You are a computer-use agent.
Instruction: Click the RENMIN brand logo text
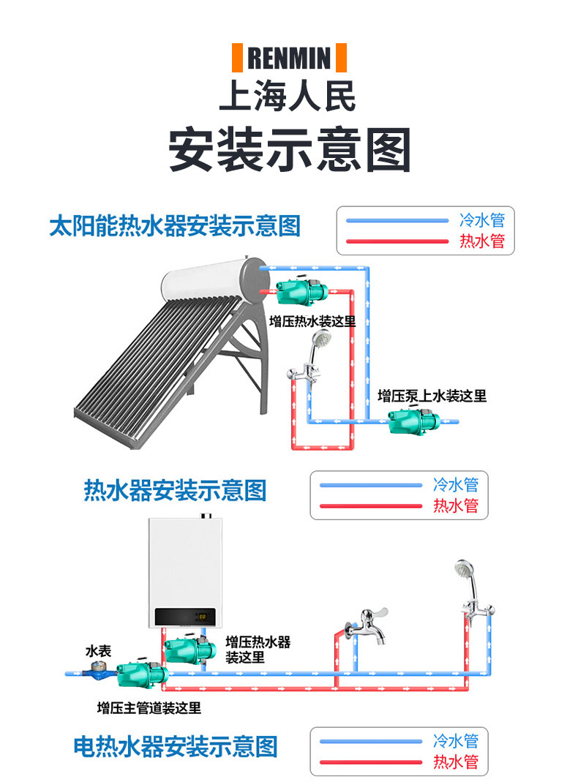coord(289,58)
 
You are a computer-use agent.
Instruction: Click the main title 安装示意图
coord(289,150)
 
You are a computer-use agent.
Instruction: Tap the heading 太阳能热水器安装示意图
coord(175,225)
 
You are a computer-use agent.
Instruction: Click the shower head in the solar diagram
coord(320,339)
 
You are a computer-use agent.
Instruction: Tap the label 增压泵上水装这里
coord(432,396)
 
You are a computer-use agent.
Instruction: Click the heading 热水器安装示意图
coord(176,489)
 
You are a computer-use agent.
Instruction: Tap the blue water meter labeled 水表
coord(97,670)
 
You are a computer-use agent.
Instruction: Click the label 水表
coord(98,650)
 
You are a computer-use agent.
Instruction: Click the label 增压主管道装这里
coord(149,707)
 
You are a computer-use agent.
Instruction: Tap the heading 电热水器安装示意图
coord(176,747)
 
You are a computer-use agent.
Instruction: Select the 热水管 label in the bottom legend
coord(456,762)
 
